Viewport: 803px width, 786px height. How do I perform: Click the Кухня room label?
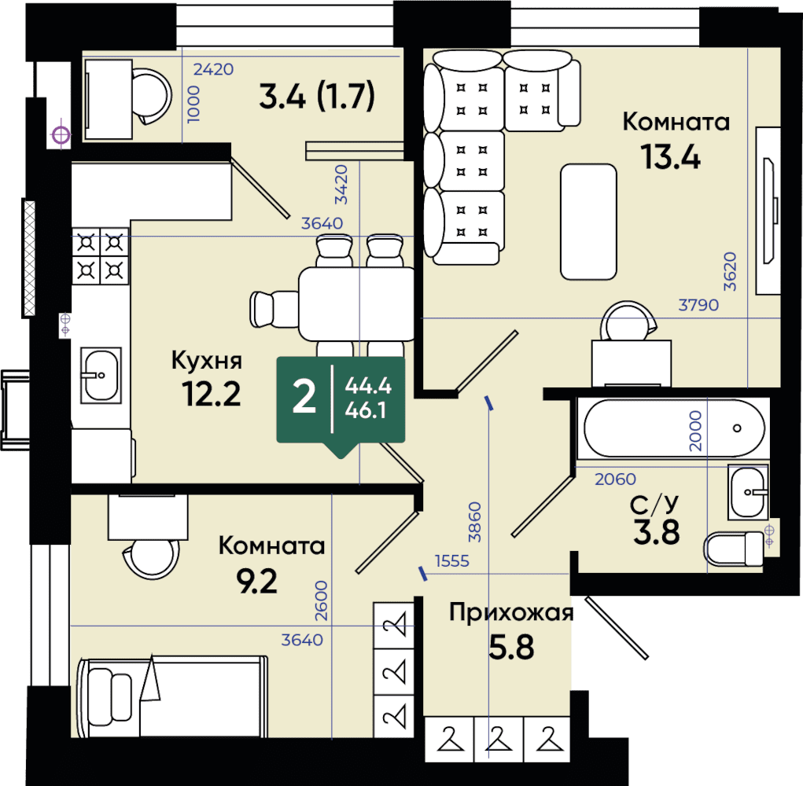[x=206, y=360]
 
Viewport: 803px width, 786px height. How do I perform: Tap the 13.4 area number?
[x=670, y=156]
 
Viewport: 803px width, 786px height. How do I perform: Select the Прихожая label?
[x=511, y=612]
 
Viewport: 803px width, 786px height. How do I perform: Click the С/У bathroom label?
[x=654, y=505]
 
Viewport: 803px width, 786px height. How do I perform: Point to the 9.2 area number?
[x=256, y=581]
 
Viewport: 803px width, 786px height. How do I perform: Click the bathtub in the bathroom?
[x=674, y=428]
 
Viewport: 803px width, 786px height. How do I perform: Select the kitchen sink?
[x=101, y=375]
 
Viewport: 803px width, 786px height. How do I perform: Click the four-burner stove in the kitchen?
[x=100, y=256]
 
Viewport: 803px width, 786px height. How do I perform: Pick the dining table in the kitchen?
[x=356, y=304]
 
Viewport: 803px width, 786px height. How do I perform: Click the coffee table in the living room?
[x=588, y=222]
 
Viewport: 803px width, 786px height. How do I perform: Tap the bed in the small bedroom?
[x=172, y=696]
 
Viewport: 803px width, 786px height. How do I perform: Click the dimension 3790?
[x=698, y=305]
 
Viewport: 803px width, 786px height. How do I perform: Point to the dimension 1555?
[x=451, y=561]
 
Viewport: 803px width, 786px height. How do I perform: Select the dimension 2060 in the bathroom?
[x=615, y=479]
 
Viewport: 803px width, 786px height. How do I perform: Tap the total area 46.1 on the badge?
[x=366, y=410]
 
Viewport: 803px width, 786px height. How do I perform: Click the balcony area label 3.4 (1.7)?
[x=317, y=97]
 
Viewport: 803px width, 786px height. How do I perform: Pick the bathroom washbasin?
[x=748, y=492]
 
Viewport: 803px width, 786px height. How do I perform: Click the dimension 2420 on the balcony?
[x=213, y=69]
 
